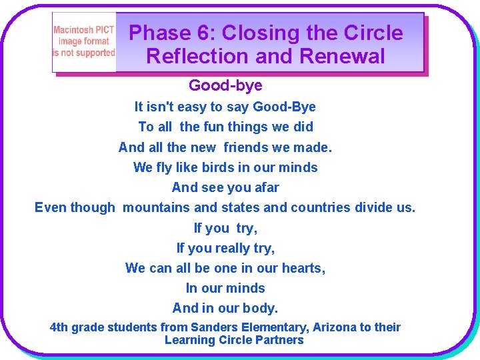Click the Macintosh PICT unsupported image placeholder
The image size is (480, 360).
84,42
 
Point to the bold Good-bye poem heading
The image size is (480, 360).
225,85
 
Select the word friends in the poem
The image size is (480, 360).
247,147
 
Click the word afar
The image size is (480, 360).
265,187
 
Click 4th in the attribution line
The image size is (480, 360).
59,327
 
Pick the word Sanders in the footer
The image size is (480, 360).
213,327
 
